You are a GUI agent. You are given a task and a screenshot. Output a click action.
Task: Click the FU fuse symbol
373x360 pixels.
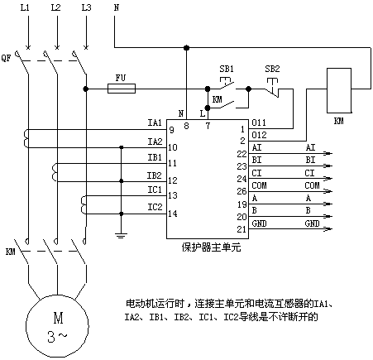(x=122, y=89)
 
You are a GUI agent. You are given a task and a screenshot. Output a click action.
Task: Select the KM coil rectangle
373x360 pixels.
(x=339, y=90)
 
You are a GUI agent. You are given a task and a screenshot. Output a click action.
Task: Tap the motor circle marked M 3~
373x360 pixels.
(x=57, y=326)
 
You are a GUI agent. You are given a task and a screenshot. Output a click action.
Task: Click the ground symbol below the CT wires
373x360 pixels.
(x=121, y=235)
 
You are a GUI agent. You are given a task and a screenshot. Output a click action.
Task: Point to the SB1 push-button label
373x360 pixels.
(x=227, y=69)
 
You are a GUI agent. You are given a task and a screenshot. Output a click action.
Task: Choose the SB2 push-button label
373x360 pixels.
(x=272, y=69)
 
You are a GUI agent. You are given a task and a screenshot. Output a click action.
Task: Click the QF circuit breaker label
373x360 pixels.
(x=6, y=58)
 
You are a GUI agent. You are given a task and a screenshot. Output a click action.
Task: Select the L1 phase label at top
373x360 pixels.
(x=25, y=7)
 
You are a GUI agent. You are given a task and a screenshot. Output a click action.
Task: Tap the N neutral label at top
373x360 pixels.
(x=117, y=7)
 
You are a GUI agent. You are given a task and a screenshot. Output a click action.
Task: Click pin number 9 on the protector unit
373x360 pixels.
(x=172, y=130)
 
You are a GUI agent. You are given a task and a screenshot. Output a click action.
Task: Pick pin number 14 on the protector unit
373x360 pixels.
(x=173, y=214)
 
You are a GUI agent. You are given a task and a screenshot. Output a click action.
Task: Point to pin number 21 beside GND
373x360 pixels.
(x=241, y=229)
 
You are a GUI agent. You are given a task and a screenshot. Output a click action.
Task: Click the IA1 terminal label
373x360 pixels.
(x=155, y=122)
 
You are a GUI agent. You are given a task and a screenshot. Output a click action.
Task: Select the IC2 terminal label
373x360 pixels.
(x=155, y=207)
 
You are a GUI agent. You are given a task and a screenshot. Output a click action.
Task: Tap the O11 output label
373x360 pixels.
(x=259, y=122)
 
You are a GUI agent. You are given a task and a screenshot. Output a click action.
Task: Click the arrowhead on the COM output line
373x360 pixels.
(x=328, y=191)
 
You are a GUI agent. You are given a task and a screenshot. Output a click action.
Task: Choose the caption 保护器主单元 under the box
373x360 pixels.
(x=211, y=247)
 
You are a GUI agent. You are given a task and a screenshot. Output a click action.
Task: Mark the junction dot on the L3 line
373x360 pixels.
(x=86, y=89)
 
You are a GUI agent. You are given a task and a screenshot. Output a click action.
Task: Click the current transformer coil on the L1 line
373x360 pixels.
(x=26, y=139)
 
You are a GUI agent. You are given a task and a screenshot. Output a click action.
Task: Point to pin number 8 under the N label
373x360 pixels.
(x=186, y=126)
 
